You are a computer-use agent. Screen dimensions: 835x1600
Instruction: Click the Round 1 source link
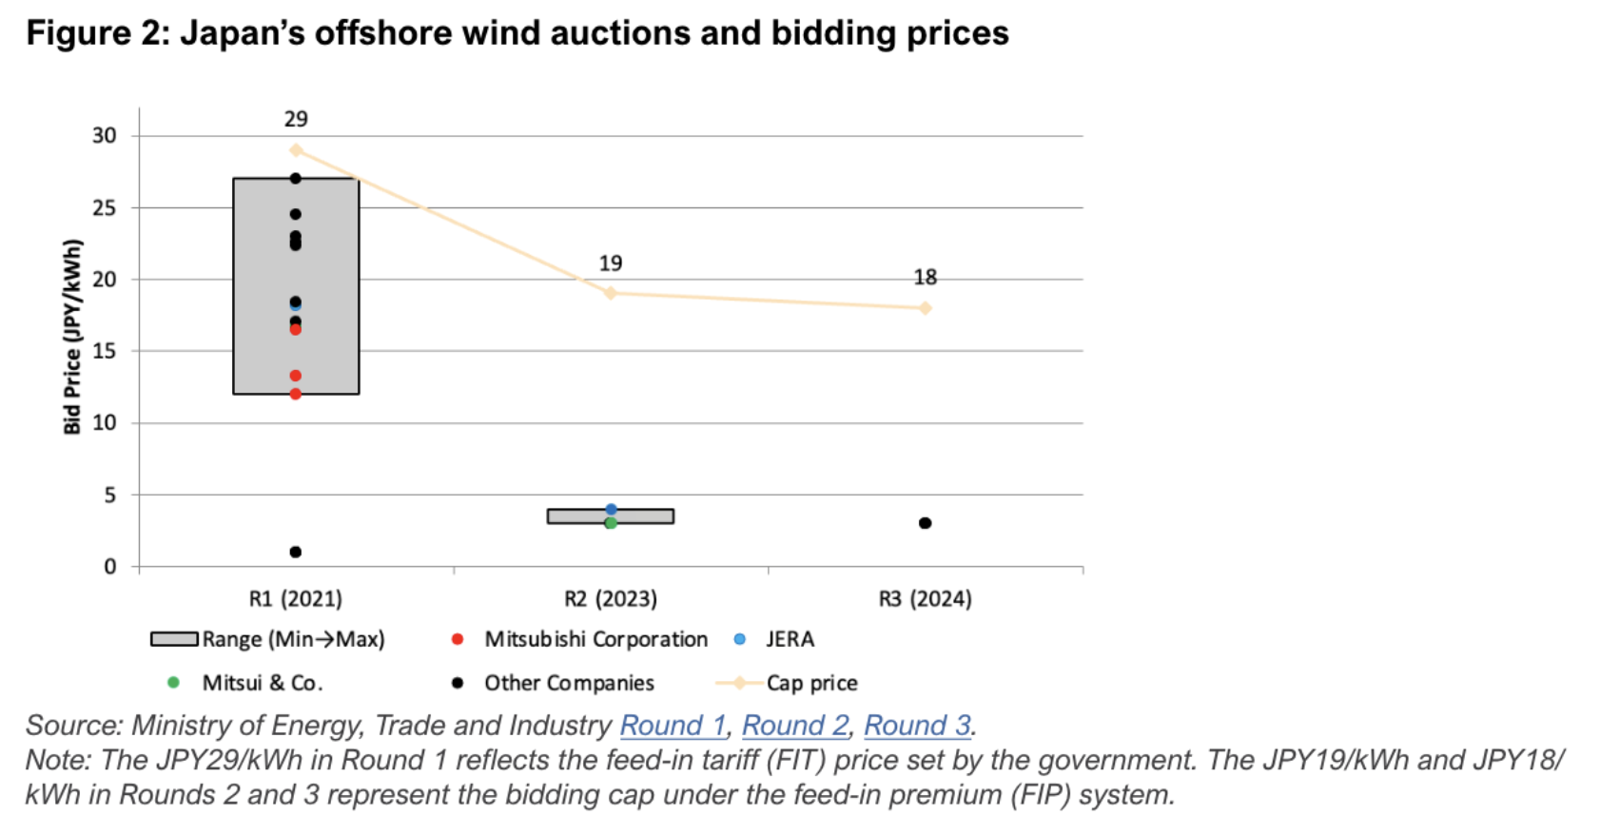(x=673, y=726)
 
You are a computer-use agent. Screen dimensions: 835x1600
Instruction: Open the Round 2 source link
(x=794, y=726)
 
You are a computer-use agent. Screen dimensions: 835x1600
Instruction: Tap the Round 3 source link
(x=917, y=726)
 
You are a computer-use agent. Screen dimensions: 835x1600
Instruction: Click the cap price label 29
(x=296, y=119)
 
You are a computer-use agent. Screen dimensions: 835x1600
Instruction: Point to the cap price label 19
(x=611, y=263)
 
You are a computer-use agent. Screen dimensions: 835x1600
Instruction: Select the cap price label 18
(x=925, y=277)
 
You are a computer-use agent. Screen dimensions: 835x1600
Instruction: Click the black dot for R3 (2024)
(x=925, y=523)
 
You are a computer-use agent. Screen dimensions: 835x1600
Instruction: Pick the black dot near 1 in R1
(x=296, y=552)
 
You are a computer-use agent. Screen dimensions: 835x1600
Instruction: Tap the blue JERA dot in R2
(x=611, y=510)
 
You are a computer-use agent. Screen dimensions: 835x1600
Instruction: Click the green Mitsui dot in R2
(x=611, y=523)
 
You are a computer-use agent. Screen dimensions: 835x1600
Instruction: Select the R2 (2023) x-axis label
(x=611, y=599)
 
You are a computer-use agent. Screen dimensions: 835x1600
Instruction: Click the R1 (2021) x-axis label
(x=296, y=599)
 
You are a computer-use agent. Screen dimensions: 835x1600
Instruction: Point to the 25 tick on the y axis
(x=104, y=207)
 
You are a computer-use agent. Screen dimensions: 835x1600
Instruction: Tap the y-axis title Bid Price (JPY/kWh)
(x=72, y=337)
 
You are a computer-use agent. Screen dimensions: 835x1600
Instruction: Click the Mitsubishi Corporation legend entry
(x=595, y=639)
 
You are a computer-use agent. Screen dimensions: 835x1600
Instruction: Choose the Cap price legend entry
(x=811, y=683)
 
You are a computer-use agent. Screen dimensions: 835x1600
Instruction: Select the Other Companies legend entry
(x=569, y=683)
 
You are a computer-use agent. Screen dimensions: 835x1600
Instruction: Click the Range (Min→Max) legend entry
(x=293, y=639)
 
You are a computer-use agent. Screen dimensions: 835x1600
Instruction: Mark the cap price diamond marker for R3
(x=925, y=308)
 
